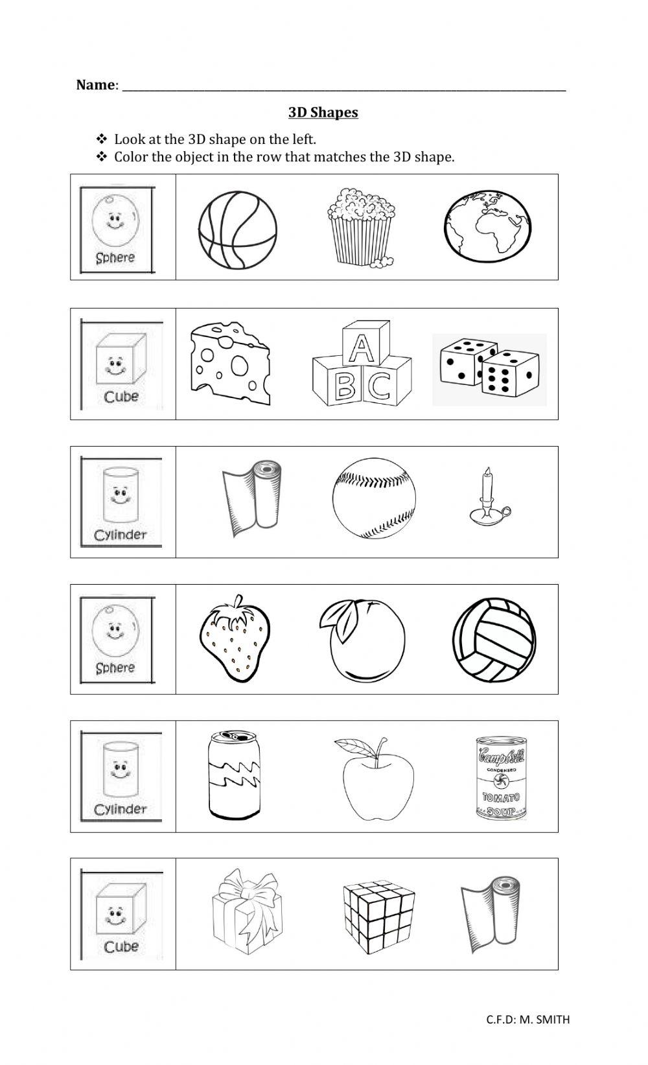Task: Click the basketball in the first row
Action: pos(237,229)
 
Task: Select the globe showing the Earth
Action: pos(489,226)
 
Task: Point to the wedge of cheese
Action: pos(230,364)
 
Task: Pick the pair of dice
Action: pos(489,369)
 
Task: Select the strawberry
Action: pos(234,638)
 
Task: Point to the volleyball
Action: pos(494,640)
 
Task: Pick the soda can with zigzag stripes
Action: pos(234,775)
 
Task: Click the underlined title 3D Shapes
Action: pos(323,113)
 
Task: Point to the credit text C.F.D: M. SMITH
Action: pos(527,1020)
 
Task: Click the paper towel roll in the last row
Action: pos(490,914)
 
